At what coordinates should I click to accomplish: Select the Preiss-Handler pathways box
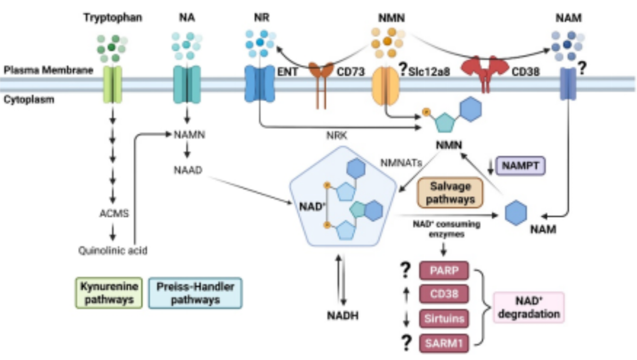click(195, 293)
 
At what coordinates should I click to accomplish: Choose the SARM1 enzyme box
click(444, 344)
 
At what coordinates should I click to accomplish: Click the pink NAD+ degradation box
click(528, 307)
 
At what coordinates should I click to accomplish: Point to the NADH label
click(343, 316)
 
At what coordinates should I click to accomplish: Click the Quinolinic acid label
click(113, 251)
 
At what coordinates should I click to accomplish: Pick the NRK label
click(334, 135)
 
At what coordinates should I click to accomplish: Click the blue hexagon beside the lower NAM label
click(515, 212)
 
